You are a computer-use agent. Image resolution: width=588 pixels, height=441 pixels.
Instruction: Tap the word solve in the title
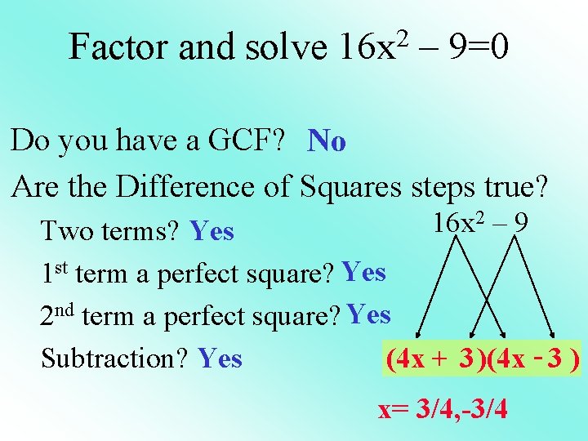[x=286, y=47]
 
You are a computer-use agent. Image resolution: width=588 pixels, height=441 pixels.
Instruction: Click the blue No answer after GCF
[x=327, y=142]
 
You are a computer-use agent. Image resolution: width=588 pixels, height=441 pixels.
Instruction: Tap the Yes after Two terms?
[x=212, y=232]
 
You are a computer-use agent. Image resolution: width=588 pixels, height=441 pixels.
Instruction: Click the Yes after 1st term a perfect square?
[x=364, y=272]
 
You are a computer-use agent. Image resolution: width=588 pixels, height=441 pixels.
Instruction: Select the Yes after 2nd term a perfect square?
[x=368, y=314]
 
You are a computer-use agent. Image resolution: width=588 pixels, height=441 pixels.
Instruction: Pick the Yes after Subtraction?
[x=220, y=358]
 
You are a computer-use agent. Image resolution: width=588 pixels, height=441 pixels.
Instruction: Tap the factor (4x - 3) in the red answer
[x=532, y=359]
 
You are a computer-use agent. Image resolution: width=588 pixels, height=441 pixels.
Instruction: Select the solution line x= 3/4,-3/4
[x=443, y=408]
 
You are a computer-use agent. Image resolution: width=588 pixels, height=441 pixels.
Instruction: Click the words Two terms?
[x=111, y=232]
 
